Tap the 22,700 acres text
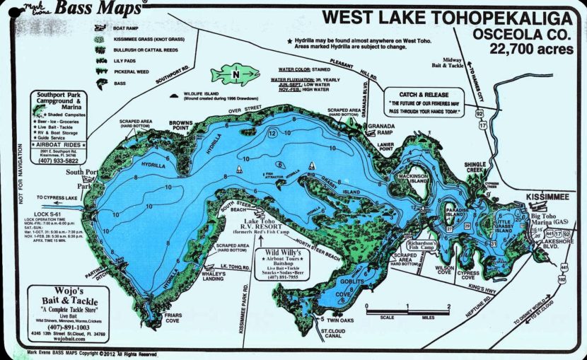(x=529, y=47)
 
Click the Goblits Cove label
(x=337, y=284)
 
